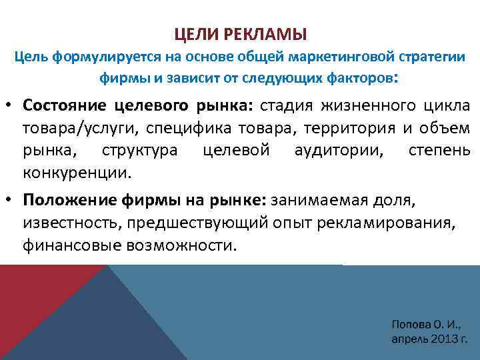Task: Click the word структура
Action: coord(139,151)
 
